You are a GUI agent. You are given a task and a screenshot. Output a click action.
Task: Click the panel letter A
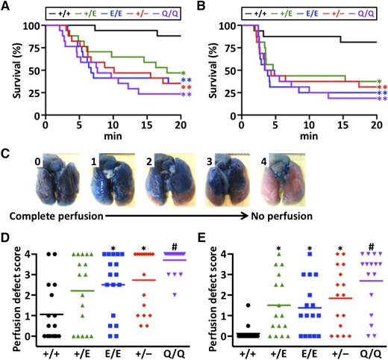pyautogui.click(x=7, y=8)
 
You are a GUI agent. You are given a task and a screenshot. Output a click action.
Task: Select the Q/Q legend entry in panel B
pyautogui.click(x=366, y=12)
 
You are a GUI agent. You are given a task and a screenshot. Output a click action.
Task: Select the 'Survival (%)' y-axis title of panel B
pyautogui.click(x=207, y=61)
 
